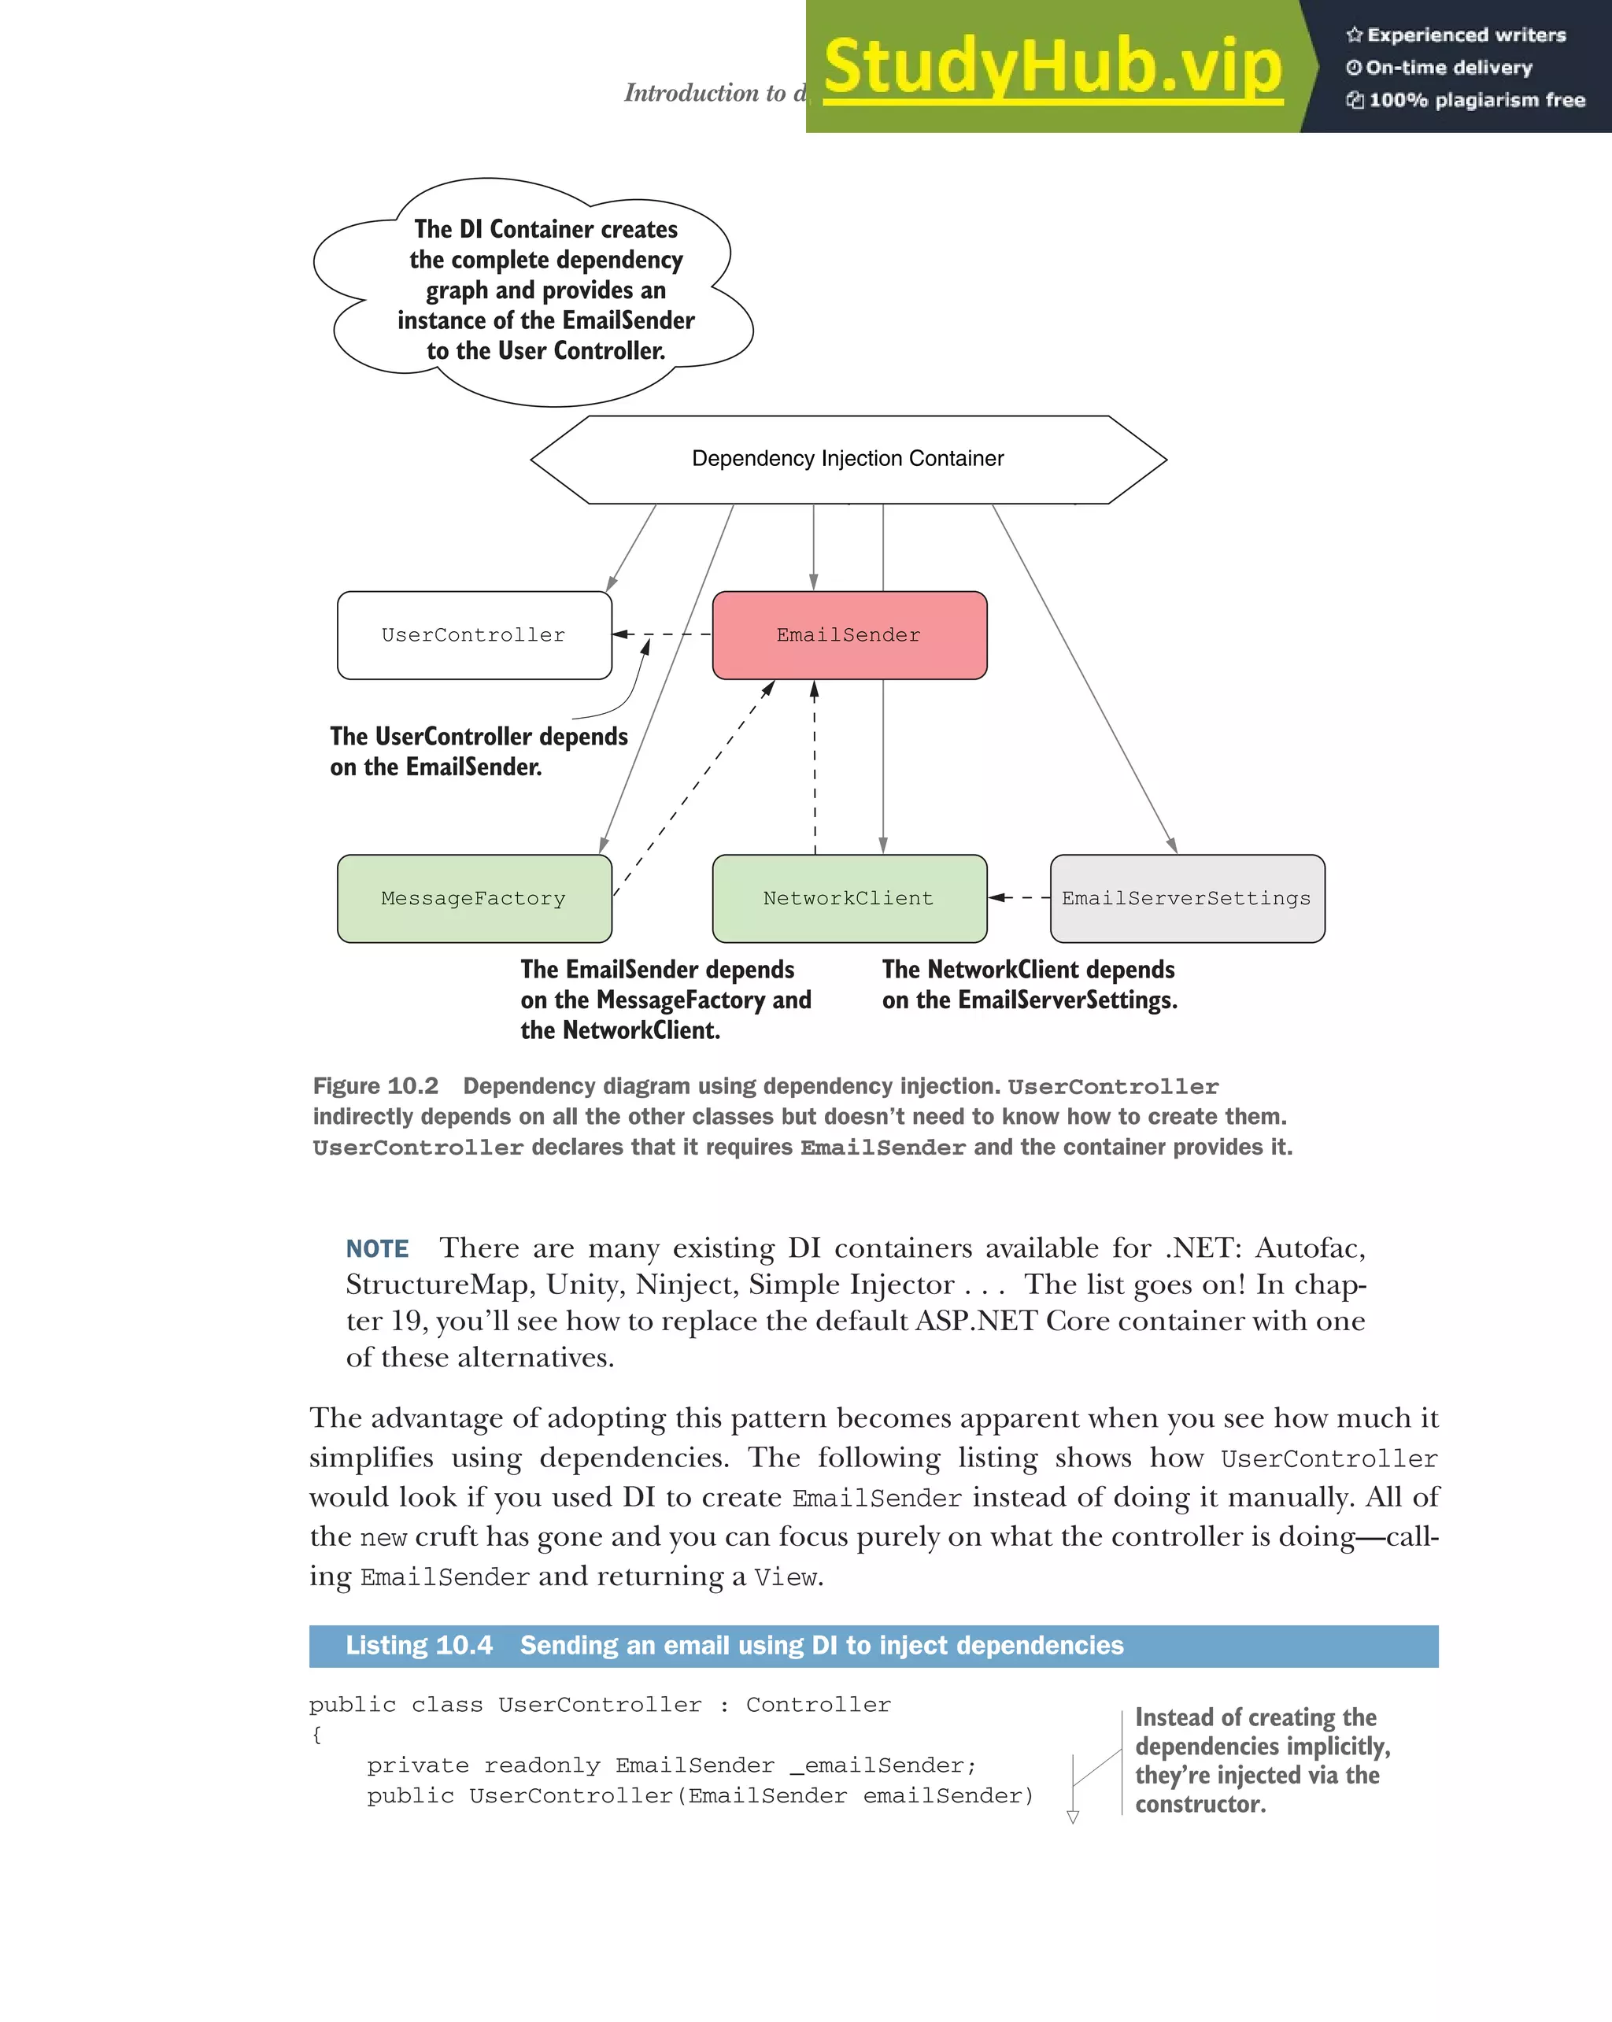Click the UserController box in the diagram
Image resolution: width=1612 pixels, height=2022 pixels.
click(x=474, y=635)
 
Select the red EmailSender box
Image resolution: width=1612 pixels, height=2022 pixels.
click(x=849, y=635)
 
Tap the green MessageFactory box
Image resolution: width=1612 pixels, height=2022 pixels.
click(x=474, y=899)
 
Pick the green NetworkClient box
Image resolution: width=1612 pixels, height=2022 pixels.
click(x=849, y=899)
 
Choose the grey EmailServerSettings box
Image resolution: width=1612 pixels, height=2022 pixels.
click(x=1186, y=899)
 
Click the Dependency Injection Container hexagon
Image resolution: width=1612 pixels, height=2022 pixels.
click(x=848, y=459)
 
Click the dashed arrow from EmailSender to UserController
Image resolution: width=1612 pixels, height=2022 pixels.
click(x=662, y=635)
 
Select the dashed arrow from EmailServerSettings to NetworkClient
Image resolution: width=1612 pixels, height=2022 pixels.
click(x=1019, y=897)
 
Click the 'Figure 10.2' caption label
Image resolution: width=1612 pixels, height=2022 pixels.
click(x=375, y=1086)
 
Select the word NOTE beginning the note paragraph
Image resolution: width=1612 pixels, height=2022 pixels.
click(x=377, y=1248)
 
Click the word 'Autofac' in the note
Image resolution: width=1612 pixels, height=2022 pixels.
click(x=1309, y=1248)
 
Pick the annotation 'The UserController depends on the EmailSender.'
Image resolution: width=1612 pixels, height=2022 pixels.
click(x=479, y=751)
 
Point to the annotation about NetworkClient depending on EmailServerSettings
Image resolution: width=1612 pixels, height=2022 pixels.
click(x=1029, y=984)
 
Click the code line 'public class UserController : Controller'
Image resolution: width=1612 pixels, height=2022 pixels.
click(x=600, y=1705)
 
